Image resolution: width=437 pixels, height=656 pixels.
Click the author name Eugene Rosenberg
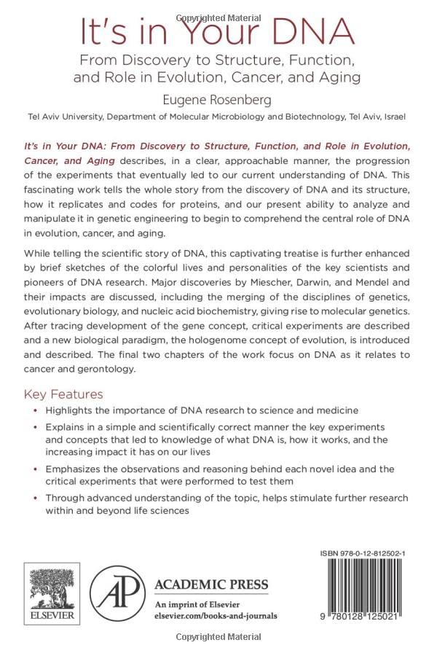(217, 98)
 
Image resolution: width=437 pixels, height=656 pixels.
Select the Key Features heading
(63, 395)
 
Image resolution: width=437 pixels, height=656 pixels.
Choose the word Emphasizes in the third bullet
(76, 469)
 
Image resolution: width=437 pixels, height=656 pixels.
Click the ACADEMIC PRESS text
(211, 585)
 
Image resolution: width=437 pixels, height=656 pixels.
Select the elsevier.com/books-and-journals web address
(216, 615)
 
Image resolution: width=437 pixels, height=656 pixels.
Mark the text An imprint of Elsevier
(193, 603)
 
